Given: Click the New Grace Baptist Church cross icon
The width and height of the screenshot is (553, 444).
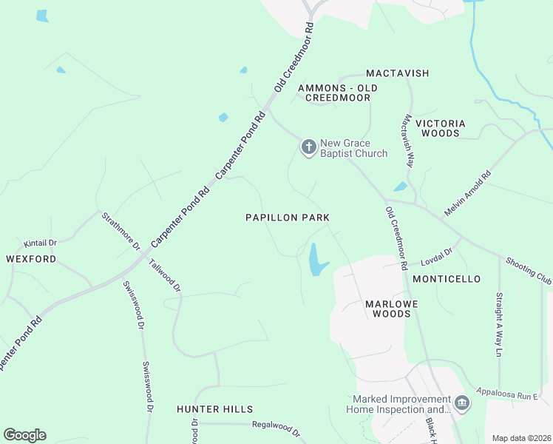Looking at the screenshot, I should tap(308, 147).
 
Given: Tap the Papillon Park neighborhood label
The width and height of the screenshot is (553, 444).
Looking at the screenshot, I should tap(288, 218).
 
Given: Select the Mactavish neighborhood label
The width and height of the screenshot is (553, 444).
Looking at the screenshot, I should tap(398, 74).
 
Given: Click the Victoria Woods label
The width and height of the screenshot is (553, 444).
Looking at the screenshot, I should tap(441, 128).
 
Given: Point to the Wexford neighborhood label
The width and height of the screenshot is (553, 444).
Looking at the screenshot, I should tap(31, 259).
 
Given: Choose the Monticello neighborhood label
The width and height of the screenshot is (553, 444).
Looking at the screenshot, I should tap(447, 279).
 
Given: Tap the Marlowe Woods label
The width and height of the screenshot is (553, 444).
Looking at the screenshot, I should tap(387, 309).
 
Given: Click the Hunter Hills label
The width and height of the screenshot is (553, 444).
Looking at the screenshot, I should tap(214, 408).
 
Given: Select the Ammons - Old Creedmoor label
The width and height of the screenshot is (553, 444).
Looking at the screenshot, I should tap(337, 92).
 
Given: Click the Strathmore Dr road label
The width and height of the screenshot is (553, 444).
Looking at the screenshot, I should tap(121, 231).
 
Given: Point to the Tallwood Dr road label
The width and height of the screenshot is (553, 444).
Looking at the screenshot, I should tap(165, 275).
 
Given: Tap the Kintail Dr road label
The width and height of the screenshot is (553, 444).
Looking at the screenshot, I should tap(41, 243).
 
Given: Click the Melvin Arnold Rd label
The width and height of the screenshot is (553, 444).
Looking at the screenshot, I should tap(467, 194).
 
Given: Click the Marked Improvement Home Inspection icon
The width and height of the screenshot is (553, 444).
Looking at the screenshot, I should tap(462, 403).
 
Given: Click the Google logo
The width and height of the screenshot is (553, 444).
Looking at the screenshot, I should tap(24, 435).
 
